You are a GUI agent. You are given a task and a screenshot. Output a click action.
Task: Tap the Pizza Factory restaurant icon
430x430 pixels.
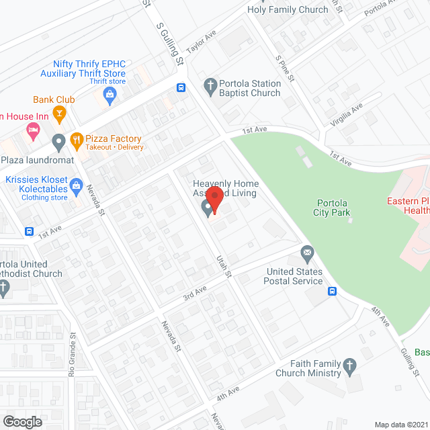pos(77,141)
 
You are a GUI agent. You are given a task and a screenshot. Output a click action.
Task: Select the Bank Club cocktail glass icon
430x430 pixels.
pos(59,114)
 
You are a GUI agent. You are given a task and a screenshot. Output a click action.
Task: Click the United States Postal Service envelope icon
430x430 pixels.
pos(307,255)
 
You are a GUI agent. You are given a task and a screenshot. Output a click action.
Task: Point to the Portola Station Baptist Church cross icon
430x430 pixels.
pos(210,85)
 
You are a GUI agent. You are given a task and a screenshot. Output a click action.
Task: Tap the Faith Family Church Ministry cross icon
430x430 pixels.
pos(349,367)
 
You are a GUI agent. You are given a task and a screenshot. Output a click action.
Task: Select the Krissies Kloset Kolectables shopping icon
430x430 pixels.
pos(76,184)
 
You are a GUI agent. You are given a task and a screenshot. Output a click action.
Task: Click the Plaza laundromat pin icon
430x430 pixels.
pos(58,142)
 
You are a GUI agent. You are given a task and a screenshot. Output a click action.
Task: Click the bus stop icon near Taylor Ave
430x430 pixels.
pos(181,87)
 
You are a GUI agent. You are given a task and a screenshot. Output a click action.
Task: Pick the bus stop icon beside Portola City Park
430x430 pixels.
pos(332,291)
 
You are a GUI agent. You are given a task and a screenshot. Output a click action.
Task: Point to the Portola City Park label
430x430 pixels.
pos(333,208)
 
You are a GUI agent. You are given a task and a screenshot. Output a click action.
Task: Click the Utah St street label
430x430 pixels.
pos(224,265)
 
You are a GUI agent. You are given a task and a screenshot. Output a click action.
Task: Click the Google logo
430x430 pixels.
pos(22,421)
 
